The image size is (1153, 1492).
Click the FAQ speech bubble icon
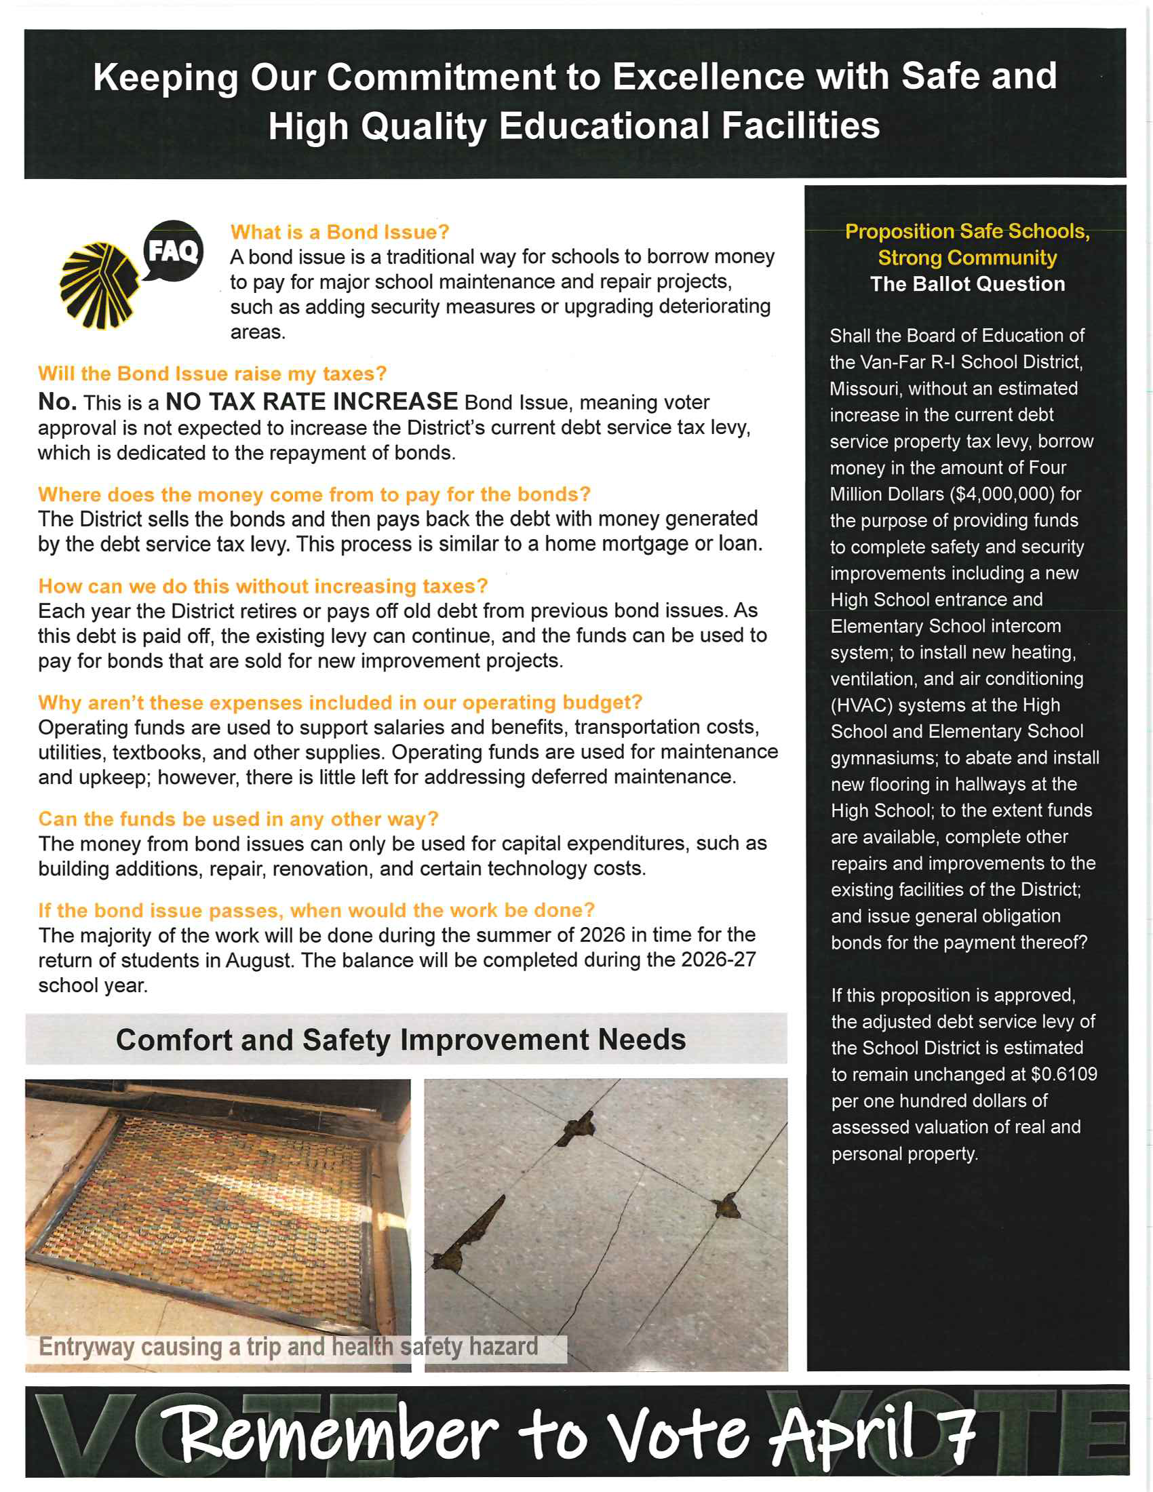pos(173,251)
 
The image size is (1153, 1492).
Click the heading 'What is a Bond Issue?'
pos(340,232)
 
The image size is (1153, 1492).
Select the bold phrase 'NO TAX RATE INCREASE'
pos(311,401)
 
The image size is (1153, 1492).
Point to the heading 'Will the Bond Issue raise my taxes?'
pos(212,374)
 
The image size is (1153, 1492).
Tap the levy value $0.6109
pos(1063,1074)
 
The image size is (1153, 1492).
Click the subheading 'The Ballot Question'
pos(967,284)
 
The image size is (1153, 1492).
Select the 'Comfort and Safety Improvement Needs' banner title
pos(401,1040)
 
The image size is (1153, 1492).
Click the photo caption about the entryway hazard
pos(288,1346)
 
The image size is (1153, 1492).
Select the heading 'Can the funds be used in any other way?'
pos(238,819)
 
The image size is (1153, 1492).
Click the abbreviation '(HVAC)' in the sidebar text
pos(861,705)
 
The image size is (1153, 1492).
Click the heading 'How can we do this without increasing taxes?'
pos(263,586)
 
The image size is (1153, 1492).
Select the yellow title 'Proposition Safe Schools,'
pos(967,231)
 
